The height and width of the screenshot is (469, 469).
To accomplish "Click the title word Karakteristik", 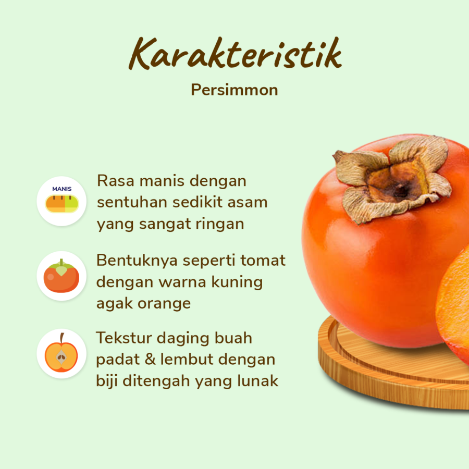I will point(235,54).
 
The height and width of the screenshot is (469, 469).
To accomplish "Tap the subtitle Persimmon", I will point(234,90).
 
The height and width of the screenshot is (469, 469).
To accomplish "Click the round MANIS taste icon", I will point(61,201).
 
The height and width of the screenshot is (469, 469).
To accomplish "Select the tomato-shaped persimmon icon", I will point(61,276).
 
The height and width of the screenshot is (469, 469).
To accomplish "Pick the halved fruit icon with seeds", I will point(61,353).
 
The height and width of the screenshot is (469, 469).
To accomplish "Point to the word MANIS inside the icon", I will point(61,189).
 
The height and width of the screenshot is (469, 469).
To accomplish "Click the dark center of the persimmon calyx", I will point(400,191).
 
